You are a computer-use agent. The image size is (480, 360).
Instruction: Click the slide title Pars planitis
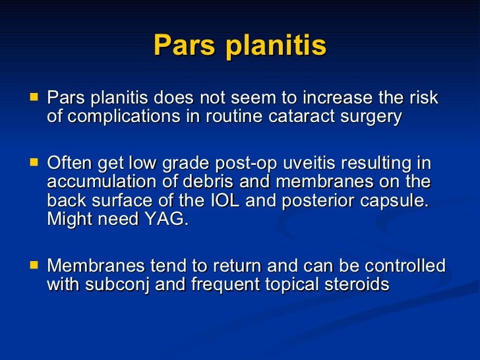coord(240,46)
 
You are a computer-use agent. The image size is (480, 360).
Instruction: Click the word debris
coord(210,182)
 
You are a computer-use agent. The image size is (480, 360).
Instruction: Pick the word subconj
coord(119,285)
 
